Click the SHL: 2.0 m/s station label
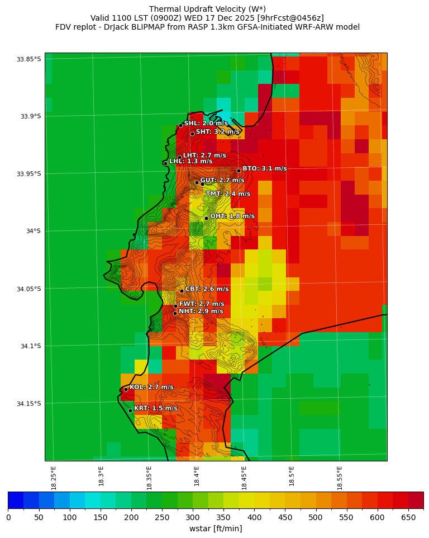tap(206, 123)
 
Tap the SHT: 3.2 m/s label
tap(217, 132)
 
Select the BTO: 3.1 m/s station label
tap(264, 168)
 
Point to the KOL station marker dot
tap(126, 389)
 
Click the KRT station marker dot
tap(130, 410)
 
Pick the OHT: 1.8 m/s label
tap(232, 216)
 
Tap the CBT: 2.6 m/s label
tap(207, 289)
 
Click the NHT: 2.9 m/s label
tap(201, 311)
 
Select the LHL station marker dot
tap(165, 163)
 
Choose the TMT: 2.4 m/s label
tap(228, 194)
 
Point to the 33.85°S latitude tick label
tap(29, 59)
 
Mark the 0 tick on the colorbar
tap(8, 518)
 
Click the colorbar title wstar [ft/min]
tap(215, 528)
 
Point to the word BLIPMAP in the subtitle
tap(145, 27)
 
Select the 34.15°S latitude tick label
tap(29, 404)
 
